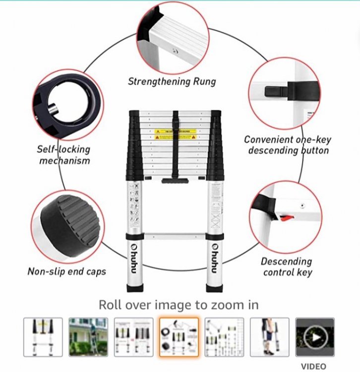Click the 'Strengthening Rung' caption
172,81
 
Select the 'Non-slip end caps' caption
66,271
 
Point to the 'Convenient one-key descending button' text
288,145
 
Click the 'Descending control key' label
287,267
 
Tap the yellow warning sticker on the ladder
175,133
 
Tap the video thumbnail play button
315,337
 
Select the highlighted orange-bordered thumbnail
179,337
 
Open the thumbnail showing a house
88,337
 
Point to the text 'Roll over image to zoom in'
179,304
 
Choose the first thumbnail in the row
43,337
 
